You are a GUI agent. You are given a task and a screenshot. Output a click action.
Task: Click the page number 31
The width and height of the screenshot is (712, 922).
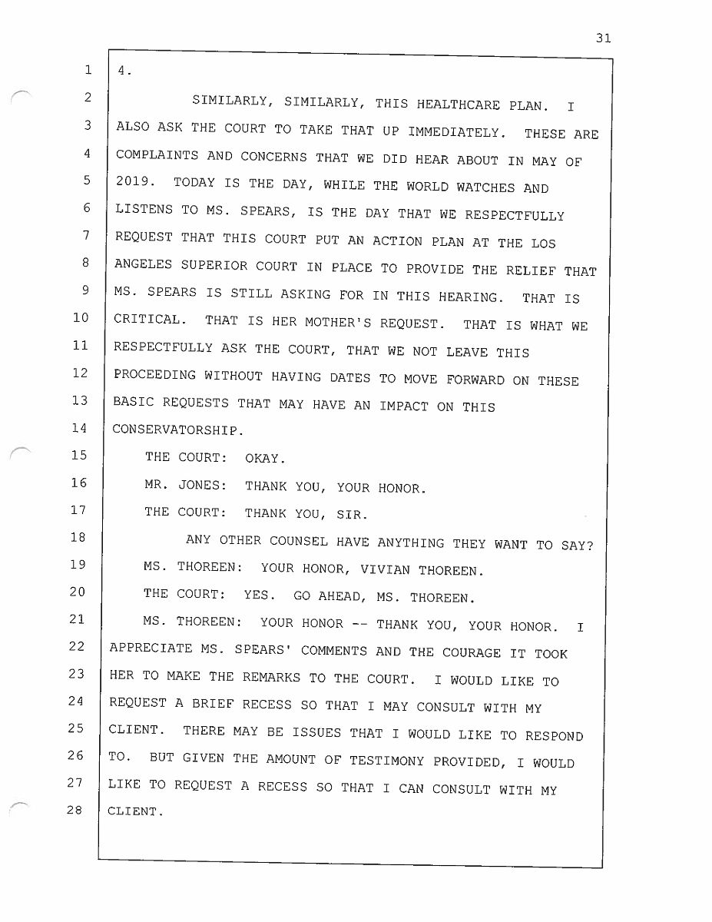(x=603, y=38)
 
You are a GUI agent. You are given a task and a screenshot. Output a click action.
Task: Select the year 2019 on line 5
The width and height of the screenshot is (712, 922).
(x=132, y=184)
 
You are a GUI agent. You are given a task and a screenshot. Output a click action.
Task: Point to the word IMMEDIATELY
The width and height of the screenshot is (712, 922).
(x=456, y=131)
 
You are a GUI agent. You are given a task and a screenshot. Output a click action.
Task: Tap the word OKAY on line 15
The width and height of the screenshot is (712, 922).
(x=264, y=459)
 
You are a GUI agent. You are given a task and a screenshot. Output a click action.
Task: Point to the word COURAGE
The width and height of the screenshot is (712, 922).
(x=470, y=653)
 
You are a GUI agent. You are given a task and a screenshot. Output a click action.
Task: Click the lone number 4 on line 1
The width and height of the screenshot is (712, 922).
(x=122, y=71)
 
